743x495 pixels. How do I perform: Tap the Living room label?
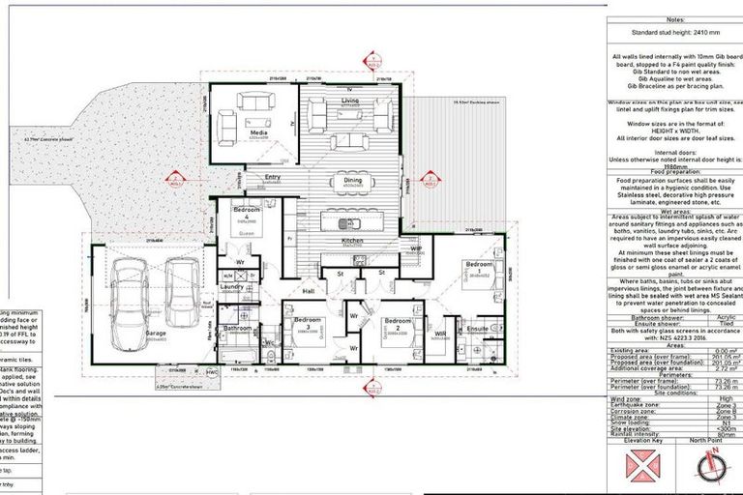tap(350, 100)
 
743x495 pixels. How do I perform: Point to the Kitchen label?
tap(351, 240)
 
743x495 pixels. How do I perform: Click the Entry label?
tap(273, 177)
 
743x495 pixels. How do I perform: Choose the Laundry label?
tap(231, 286)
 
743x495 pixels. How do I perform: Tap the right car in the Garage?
tap(181, 294)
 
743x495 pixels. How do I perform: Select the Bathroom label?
tap(237, 329)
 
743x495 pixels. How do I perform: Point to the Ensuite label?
tap(478, 329)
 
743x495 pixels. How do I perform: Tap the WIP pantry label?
tap(417, 248)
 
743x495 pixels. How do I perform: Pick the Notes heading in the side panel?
tap(674, 20)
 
